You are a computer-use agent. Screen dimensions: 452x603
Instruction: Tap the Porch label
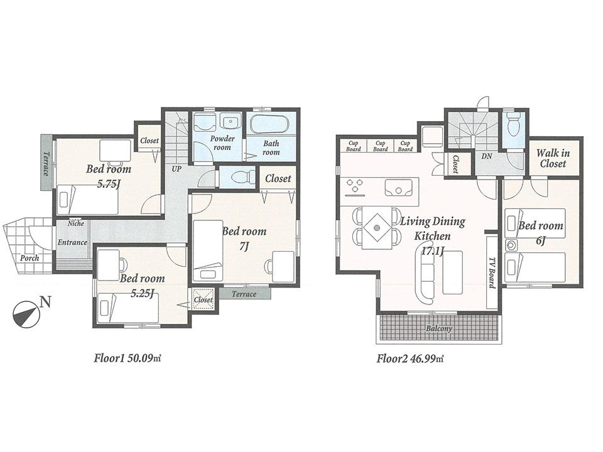[x=29, y=258]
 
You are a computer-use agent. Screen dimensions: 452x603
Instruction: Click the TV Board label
[x=492, y=272]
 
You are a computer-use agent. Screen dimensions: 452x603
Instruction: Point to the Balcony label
[x=440, y=328]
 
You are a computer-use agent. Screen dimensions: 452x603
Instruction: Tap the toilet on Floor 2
[x=513, y=125]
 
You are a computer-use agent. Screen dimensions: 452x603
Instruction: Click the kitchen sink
[x=398, y=187]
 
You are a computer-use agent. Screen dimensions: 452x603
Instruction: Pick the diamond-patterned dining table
[x=377, y=226]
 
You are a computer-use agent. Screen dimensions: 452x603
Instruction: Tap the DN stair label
[x=486, y=156]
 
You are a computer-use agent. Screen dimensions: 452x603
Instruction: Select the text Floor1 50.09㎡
[x=128, y=359]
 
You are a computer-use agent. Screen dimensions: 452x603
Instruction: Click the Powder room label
[x=222, y=143]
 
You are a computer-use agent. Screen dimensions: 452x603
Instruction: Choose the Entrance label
[x=72, y=242]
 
